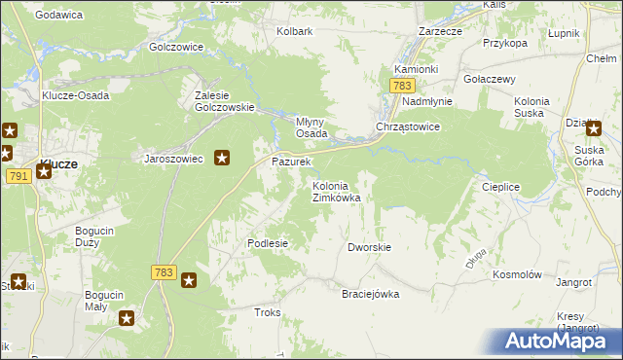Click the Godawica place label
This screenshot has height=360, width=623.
click(57, 15)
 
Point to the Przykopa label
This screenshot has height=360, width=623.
click(504, 43)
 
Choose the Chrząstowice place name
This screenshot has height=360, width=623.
click(409, 127)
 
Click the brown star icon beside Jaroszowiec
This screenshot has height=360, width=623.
click(222, 158)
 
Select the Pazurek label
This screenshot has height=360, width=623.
click(290, 161)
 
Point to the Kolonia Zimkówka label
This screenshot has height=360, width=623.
click(336, 192)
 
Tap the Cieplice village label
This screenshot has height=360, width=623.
click(503, 185)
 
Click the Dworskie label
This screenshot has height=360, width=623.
click(369, 247)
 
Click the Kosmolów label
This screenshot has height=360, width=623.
click(517, 275)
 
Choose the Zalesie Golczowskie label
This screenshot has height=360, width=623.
click(225, 101)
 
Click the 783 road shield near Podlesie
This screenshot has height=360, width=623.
click(164, 273)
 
